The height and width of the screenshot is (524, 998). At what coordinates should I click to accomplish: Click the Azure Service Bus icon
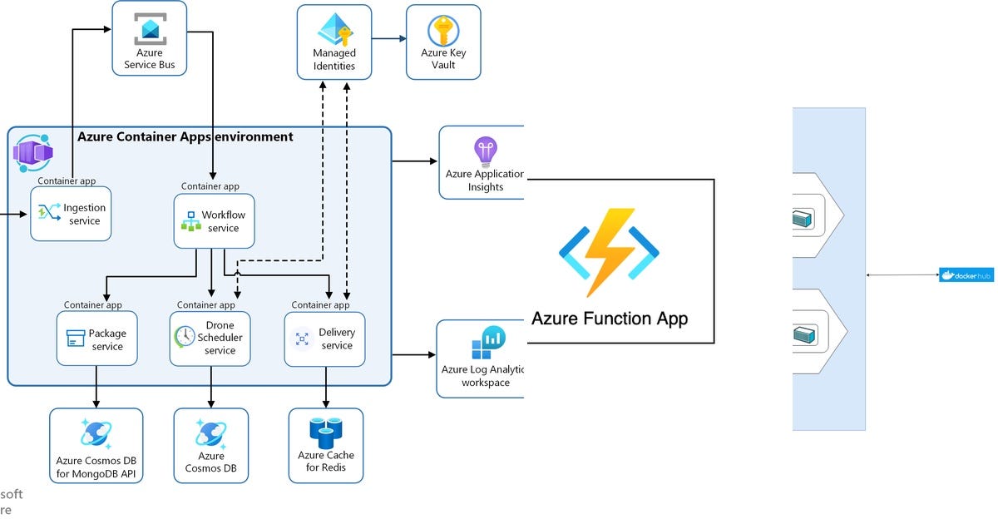click(x=150, y=29)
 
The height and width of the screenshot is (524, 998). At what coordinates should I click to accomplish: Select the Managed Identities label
click(x=334, y=60)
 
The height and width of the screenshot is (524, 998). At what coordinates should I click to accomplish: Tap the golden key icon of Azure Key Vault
click(x=443, y=31)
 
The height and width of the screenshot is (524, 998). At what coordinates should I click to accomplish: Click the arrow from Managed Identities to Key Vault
click(x=388, y=38)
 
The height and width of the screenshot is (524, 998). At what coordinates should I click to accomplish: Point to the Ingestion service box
click(x=71, y=214)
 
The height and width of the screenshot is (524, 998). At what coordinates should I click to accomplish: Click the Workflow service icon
click(x=190, y=221)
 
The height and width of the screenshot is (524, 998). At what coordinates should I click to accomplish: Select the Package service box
click(x=96, y=339)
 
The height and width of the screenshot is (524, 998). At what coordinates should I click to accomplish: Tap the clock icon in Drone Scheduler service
click(x=185, y=337)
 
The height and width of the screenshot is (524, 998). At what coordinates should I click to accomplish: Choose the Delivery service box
click(x=324, y=339)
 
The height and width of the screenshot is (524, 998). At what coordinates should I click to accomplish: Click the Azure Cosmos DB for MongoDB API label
click(x=96, y=468)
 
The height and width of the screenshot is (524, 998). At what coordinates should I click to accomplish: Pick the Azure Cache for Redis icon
click(x=325, y=430)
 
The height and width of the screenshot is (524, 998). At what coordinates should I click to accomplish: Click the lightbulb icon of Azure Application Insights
click(x=485, y=151)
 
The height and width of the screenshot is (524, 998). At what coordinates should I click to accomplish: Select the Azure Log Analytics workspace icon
click(x=488, y=343)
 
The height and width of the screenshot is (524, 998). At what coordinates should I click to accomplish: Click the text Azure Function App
click(x=610, y=319)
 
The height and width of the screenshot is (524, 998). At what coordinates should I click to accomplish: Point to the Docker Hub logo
click(x=966, y=274)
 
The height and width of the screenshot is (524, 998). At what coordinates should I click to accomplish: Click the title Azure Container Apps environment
click(x=185, y=136)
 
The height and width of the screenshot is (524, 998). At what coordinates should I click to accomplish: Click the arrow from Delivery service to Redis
click(x=325, y=387)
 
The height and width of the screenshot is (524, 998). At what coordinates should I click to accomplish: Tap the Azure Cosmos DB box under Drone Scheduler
click(x=210, y=445)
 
